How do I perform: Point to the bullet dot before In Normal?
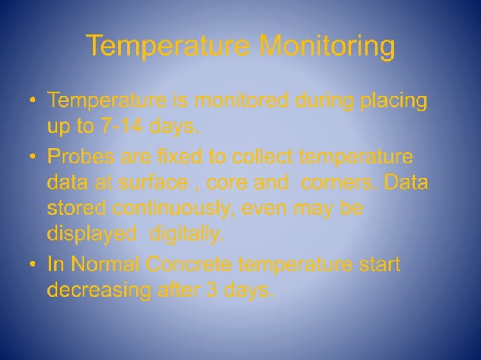(33, 267)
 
